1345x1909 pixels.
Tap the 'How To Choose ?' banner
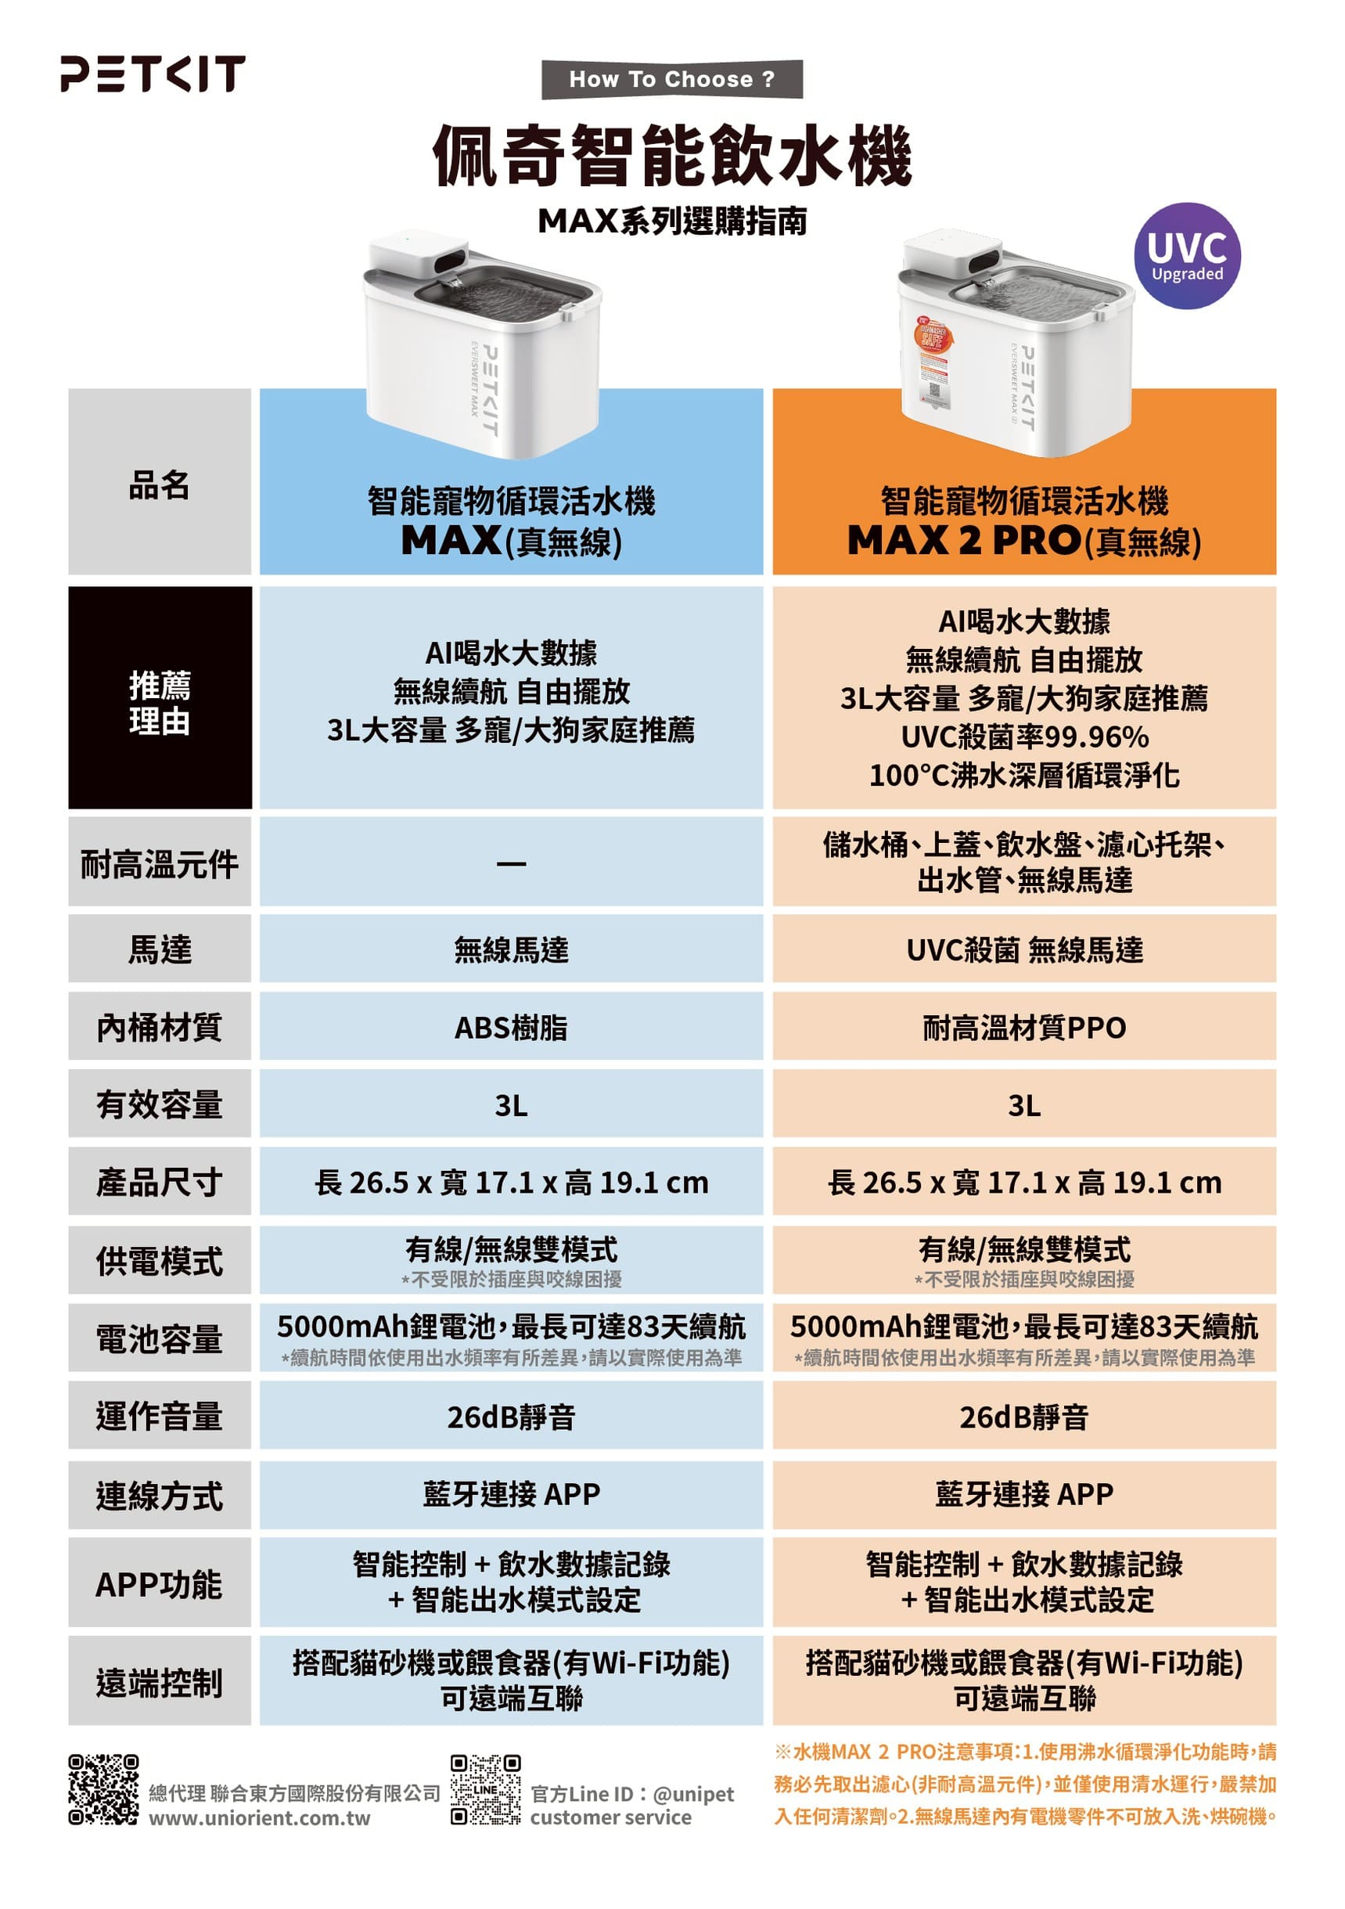click(x=671, y=79)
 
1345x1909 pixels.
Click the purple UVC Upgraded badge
click(x=1186, y=256)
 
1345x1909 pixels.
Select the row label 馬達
click(x=160, y=949)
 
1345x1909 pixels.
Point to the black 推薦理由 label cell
click(x=160, y=697)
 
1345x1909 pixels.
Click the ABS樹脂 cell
click(x=511, y=1027)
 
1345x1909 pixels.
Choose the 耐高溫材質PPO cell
click(x=1024, y=1027)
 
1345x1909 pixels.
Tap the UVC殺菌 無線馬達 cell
click(x=1024, y=949)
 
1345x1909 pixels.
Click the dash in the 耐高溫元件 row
click(x=511, y=864)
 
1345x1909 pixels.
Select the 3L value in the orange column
click(x=1024, y=1105)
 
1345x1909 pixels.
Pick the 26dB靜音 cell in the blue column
click(x=511, y=1416)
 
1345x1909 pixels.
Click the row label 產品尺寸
click(x=160, y=1182)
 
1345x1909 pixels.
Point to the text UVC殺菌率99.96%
click(x=1025, y=737)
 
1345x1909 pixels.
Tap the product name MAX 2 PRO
click(x=963, y=540)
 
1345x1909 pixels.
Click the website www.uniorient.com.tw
click(x=259, y=1817)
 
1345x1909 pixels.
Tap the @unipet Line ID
click(x=693, y=1793)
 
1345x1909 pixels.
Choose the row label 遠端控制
click(x=160, y=1681)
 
